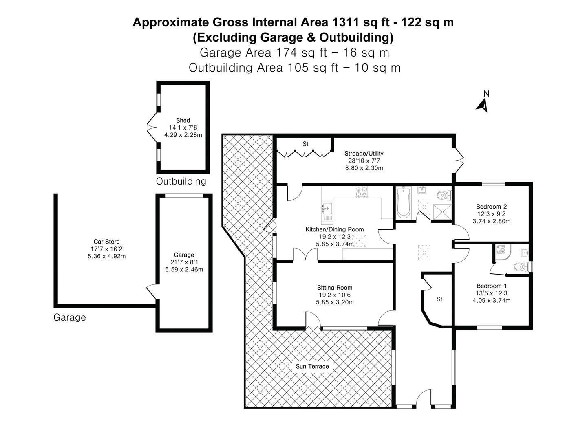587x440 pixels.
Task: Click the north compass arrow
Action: (483, 105)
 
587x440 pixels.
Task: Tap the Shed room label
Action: (183, 120)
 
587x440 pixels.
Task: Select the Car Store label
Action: (106, 242)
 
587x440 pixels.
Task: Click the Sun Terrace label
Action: (312, 366)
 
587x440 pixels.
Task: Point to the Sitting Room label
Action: (335, 288)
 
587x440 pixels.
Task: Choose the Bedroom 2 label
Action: (491, 207)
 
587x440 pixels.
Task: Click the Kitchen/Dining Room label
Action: (335, 229)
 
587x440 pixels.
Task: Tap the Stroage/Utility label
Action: (364, 154)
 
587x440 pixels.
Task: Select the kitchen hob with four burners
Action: (361, 192)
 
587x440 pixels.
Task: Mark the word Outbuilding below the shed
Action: (181, 181)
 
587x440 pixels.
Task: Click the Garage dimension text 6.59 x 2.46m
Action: (184, 269)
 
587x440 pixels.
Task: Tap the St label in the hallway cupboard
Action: (439, 299)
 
